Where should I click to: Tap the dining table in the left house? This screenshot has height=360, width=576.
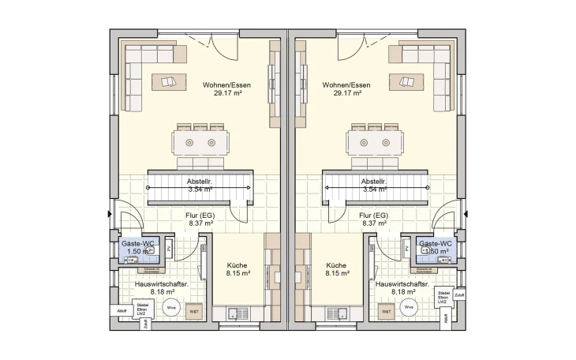(202, 143)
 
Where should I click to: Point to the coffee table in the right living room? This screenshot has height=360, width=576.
(406, 81)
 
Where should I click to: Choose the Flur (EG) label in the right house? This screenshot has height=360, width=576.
(372, 215)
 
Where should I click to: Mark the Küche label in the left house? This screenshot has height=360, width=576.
(238, 266)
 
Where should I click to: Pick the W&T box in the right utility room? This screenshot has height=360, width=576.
(387, 312)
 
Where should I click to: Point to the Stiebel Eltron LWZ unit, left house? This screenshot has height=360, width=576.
(143, 309)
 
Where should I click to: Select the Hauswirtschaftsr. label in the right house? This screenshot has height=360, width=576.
(402, 283)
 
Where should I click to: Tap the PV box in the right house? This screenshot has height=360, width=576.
(406, 249)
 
